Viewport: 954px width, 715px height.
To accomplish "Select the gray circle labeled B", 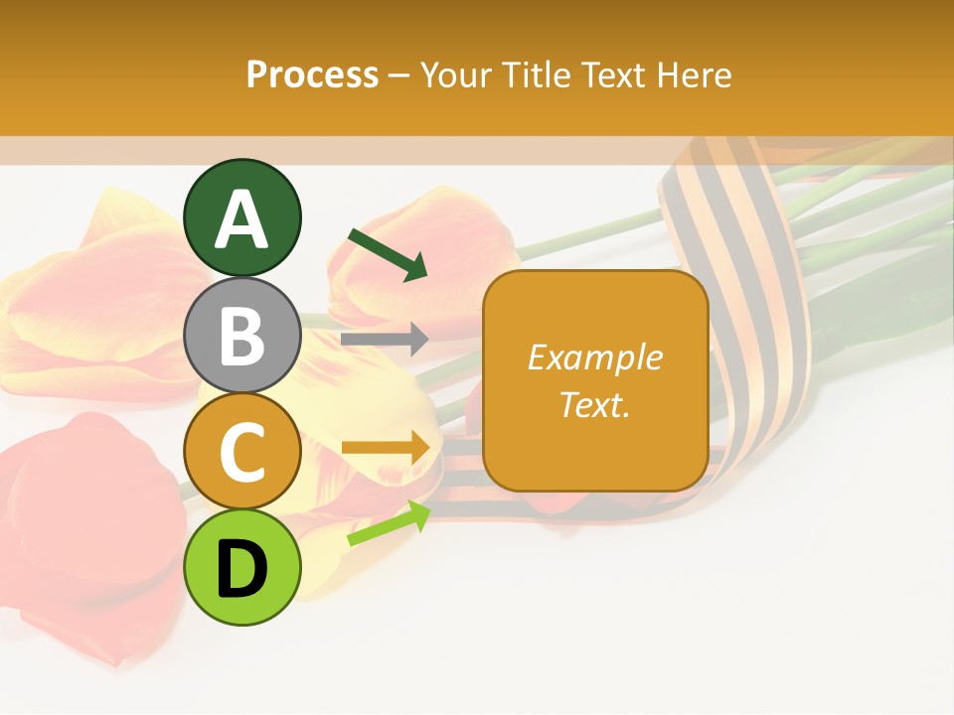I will tap(242, 336).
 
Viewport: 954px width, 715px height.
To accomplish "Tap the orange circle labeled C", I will tap(242, 452).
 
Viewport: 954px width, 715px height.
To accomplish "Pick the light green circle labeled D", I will tap(242, 568).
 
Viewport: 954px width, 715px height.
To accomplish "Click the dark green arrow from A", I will tap(388, 254).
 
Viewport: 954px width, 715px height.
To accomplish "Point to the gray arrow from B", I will tap(385, 340).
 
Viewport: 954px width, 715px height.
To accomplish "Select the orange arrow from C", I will tap(386, 449).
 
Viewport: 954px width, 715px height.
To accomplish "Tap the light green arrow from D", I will tap(389, 524).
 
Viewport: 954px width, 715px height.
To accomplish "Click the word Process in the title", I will tap(312, 74).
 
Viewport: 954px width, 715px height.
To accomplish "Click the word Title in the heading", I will tap(542, 74).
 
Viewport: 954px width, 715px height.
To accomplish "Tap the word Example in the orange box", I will tap(594, 357).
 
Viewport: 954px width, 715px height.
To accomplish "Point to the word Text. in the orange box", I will tap(594, 404).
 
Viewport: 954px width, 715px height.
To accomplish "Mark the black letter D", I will tap(242, 569).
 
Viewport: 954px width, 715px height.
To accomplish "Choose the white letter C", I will tap(242, 453).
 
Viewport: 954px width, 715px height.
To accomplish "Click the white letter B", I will tap(242, 337).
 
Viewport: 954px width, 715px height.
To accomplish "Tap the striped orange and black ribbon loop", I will tap(755, 298).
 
